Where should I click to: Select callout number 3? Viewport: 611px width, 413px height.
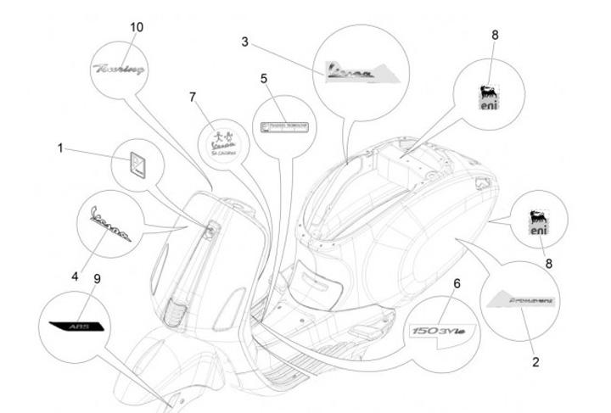click(x=245, y=41)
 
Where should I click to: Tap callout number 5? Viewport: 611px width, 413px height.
click(x=264, y=78)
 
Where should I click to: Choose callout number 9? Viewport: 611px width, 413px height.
click(x=96, y=277)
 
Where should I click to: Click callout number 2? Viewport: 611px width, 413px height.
click(x=535, y=362)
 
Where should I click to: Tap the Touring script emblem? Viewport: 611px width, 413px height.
click(x=120, y=64)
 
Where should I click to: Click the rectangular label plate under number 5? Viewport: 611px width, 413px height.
click(x=283, y=126)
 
